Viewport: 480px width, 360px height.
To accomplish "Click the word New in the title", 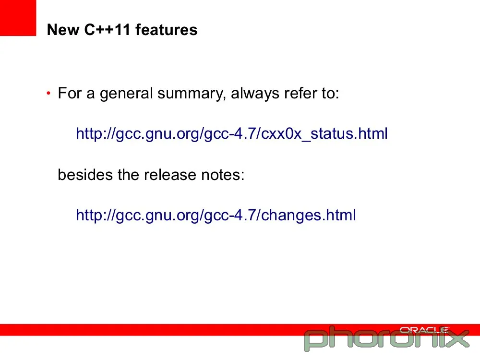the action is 63,30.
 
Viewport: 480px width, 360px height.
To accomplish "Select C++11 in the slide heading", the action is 107,30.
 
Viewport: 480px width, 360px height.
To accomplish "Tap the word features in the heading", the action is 167,30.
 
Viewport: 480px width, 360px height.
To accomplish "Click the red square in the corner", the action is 18,18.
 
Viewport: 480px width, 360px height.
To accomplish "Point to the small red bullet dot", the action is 48,93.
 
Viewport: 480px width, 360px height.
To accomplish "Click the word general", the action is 126,94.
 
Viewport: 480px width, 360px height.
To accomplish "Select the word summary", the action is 192,94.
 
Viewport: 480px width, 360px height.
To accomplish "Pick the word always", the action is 255,94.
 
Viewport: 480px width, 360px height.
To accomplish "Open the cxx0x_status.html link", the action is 232,134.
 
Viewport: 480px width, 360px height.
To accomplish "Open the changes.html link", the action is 216,215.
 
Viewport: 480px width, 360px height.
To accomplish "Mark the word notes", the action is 223,175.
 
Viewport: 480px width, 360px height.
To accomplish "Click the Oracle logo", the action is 424,330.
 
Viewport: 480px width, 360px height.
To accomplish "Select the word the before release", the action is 128,175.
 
